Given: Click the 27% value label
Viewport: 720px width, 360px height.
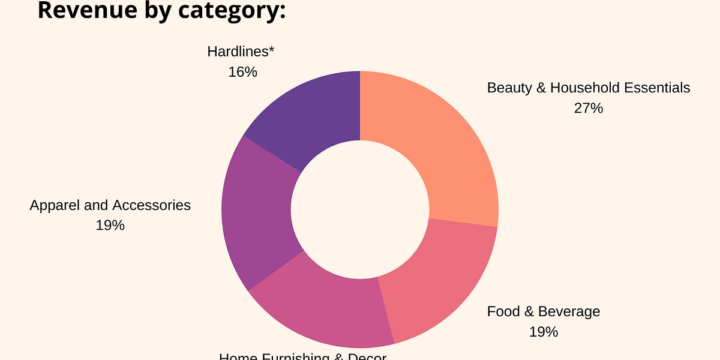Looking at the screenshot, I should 588,109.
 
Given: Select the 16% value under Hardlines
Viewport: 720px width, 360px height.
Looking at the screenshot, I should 242,72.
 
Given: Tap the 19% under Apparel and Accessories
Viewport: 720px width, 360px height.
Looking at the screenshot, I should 110,226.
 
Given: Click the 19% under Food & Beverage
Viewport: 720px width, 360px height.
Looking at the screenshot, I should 543,332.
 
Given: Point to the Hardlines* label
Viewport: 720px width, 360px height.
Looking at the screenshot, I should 241,52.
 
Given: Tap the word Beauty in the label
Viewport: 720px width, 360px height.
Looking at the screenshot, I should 508,88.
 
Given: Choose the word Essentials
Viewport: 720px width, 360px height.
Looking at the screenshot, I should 657,88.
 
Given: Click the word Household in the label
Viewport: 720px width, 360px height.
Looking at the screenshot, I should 584,88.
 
